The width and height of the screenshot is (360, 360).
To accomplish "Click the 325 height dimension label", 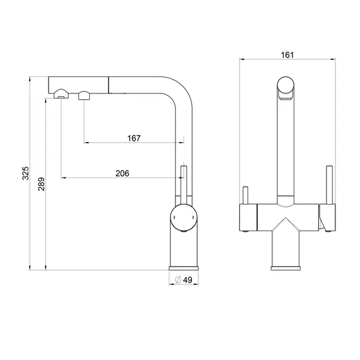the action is (25, 173).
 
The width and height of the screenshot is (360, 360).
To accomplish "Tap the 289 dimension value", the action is (42, 184).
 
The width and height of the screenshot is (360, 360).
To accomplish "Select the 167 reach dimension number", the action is (134, 138).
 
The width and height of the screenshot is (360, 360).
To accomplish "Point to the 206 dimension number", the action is (123, 173).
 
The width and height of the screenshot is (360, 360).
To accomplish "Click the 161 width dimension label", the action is (287, 55).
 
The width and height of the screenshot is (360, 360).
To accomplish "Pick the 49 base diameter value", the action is (188, 280).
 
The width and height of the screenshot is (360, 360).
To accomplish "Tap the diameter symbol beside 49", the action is (178, 280).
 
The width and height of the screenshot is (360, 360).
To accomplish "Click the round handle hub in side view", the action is (184, 217).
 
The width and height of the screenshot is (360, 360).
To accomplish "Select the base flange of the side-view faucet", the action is (184, 268).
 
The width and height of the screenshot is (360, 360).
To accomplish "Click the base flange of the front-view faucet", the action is (285, 268).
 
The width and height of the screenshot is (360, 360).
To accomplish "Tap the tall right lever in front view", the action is (330, 184).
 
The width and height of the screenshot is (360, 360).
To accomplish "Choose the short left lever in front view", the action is (246, 195).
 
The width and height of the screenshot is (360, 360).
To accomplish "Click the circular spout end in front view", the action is (285, 85).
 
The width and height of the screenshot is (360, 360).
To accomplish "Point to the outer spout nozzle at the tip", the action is (61, 94).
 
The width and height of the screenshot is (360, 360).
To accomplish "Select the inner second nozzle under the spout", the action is (84, 95).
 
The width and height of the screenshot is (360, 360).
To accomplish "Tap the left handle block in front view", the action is (248, 217).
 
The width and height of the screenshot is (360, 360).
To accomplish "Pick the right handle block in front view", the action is (327, 217).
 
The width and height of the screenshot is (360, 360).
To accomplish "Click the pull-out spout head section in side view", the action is (78, 85).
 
